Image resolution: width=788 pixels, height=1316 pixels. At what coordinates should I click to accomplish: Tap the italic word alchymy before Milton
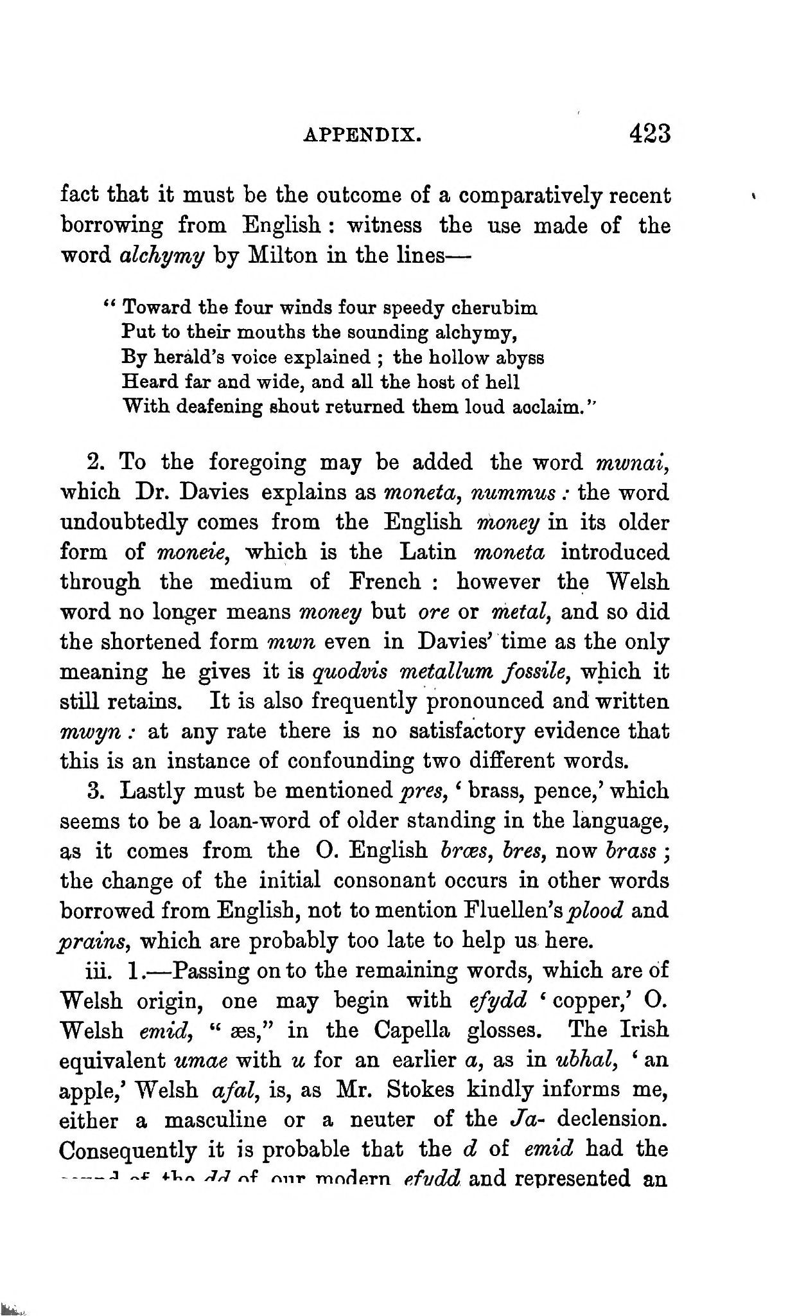click(x=162, y=256)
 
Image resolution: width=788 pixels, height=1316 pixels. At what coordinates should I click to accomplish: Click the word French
click(x=385, y=582)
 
